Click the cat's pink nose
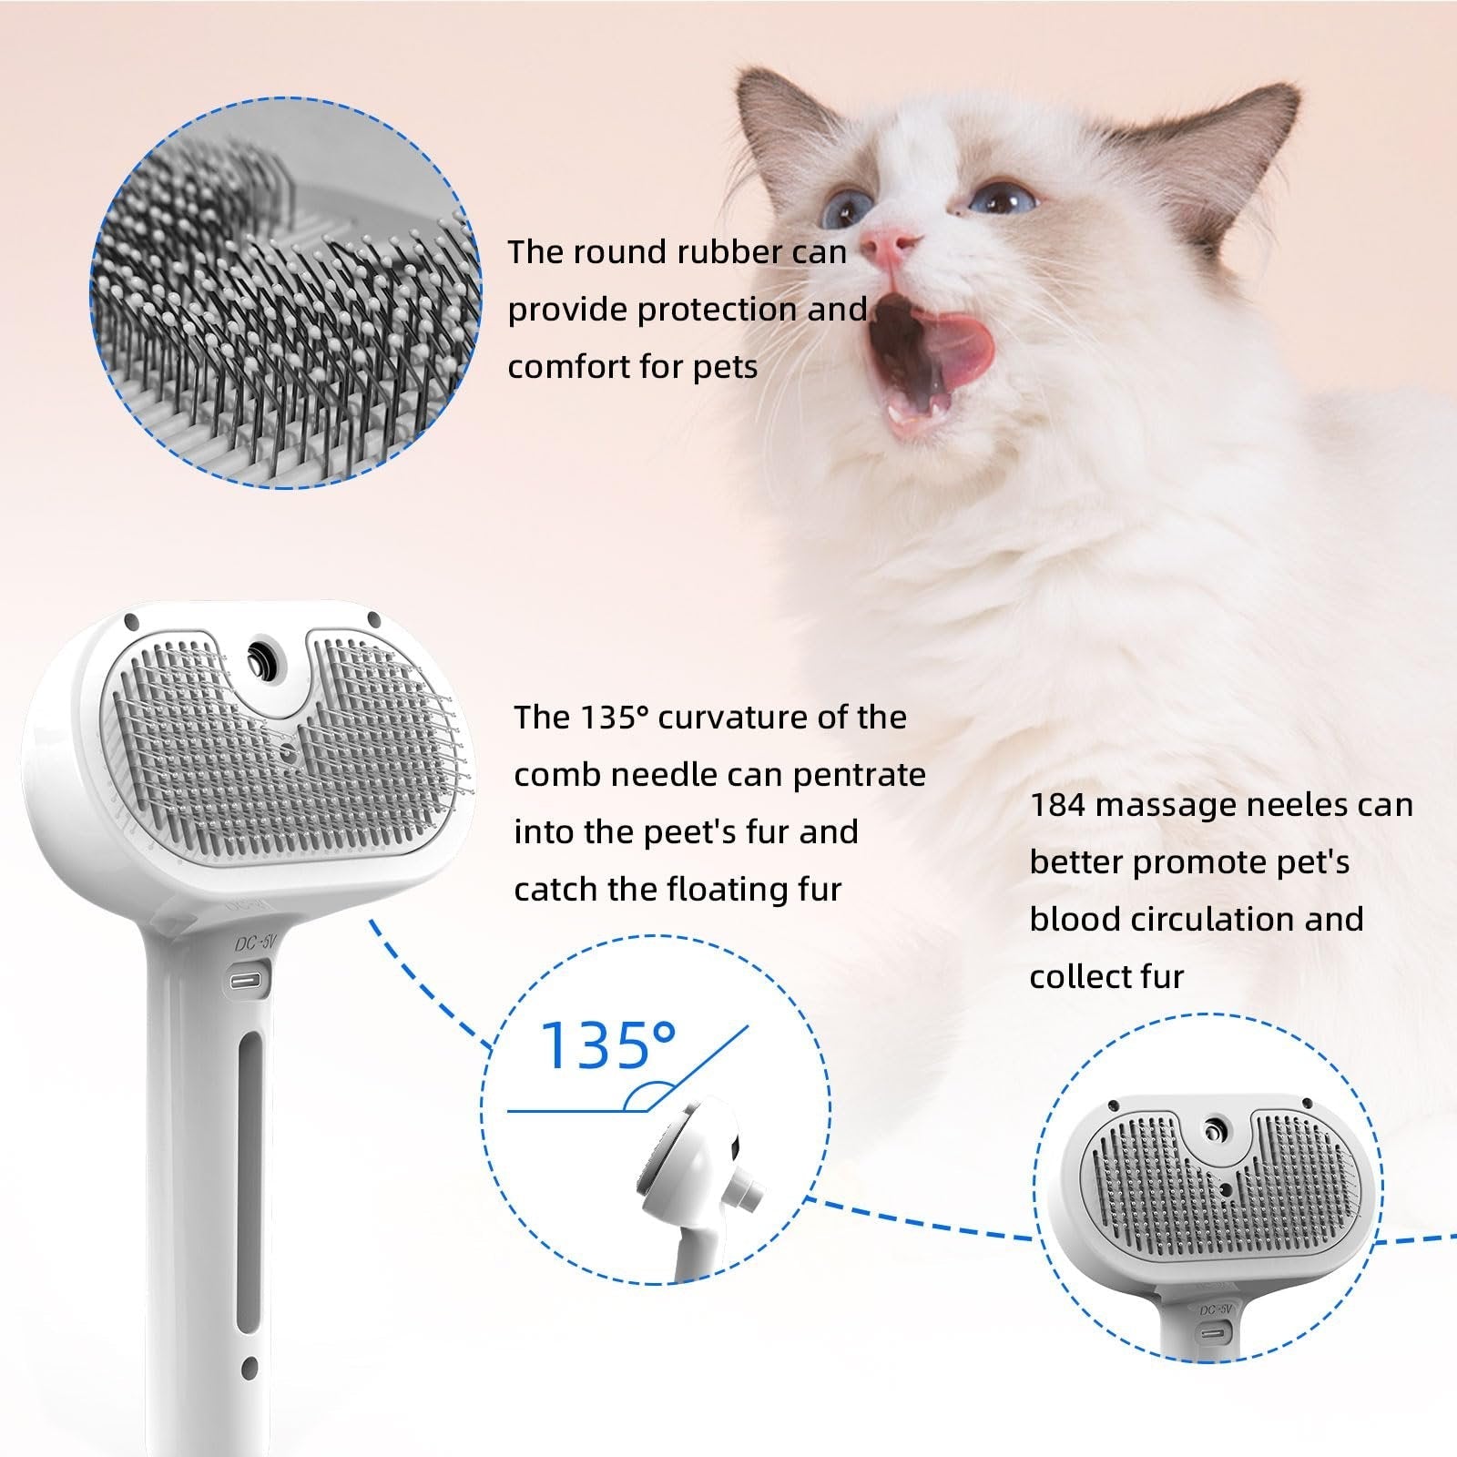(888, 243)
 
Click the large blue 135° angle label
(608, 1044)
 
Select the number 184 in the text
(1058, 805)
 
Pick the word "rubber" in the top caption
(719, 252)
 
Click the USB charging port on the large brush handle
(248, 982)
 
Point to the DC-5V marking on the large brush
(253, 944)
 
